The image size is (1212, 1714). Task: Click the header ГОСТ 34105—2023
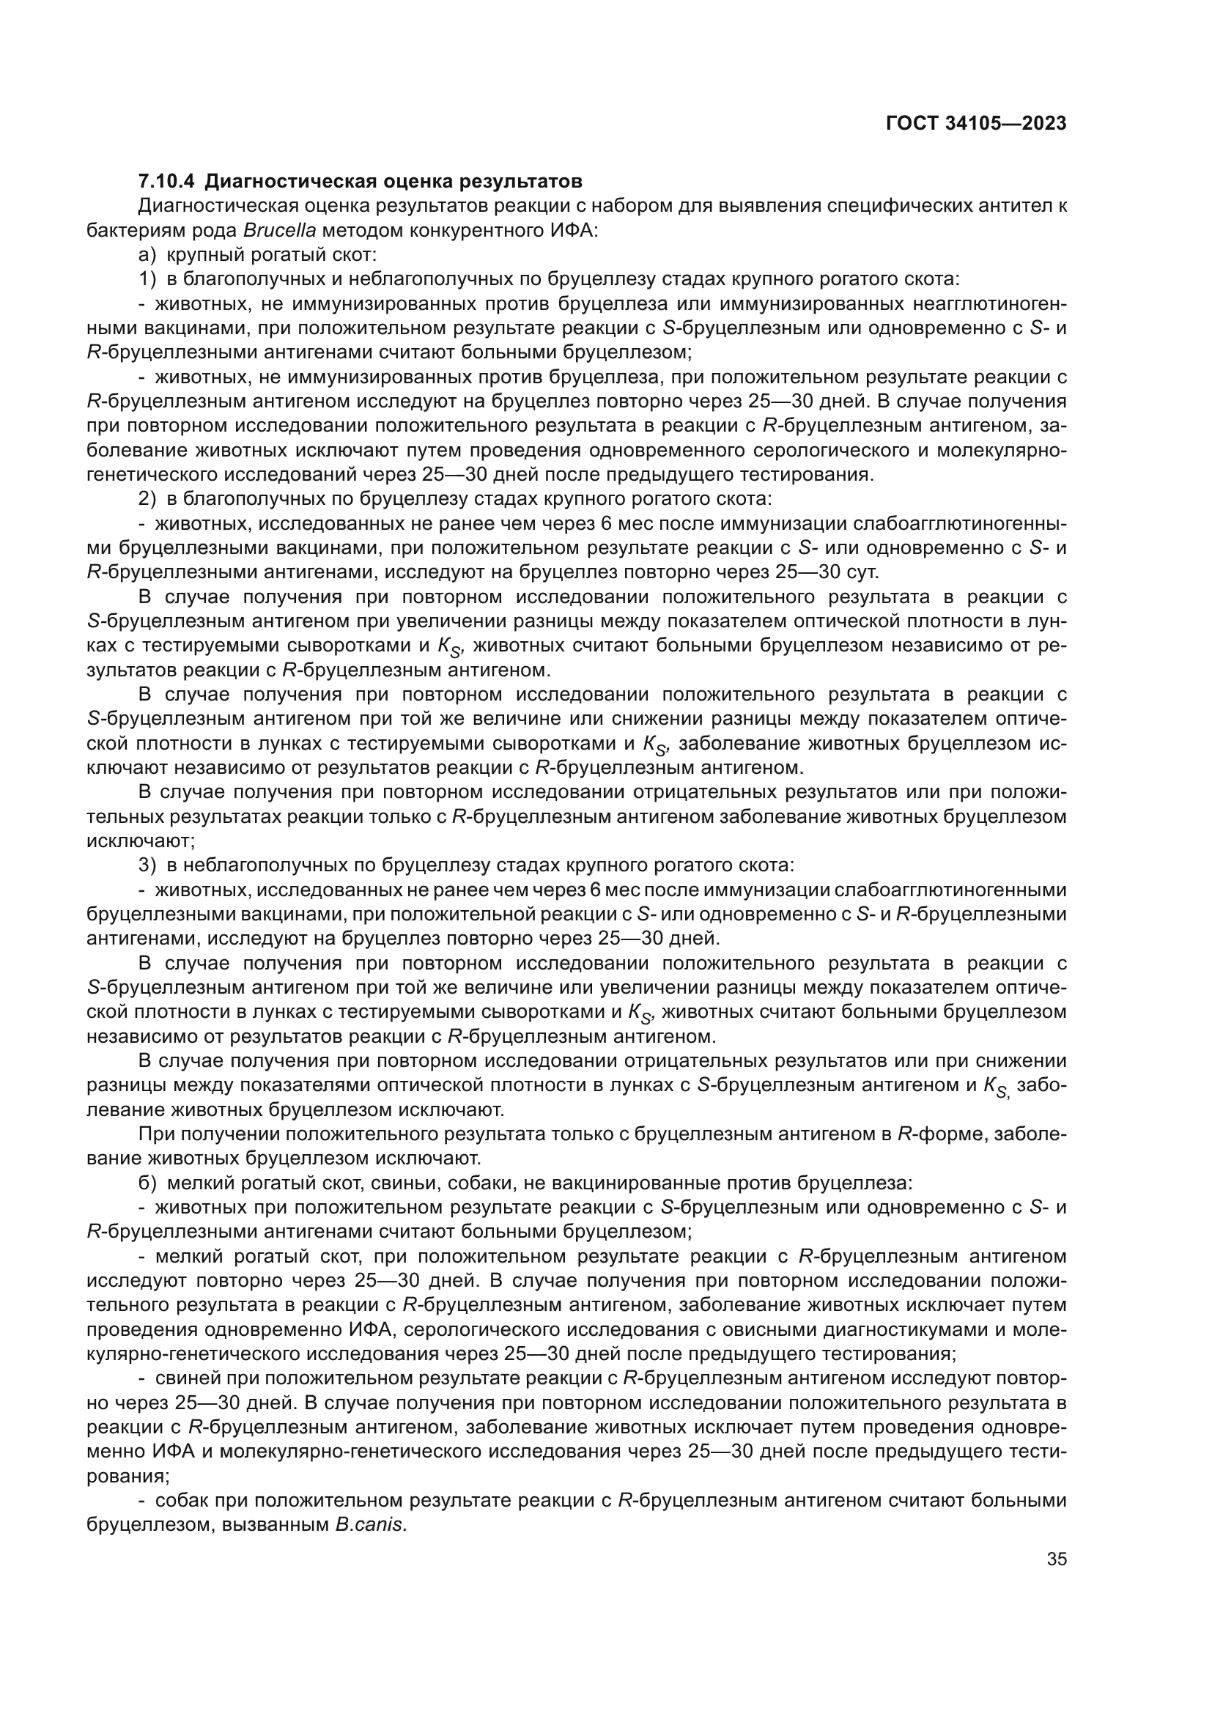coord(975,124)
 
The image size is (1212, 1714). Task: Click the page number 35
coord(1057,1559)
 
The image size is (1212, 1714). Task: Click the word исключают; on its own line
coord(141,841)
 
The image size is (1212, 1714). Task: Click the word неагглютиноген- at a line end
coord(989,304)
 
